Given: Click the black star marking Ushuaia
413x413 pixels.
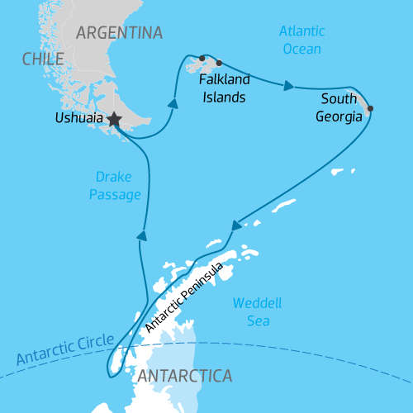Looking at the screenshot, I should pyautogui.click(x=114, y=121).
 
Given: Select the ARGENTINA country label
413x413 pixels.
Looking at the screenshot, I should pyautogui.click(x=119, y=33).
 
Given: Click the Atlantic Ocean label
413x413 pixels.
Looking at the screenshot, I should pyautogui.click(x=301, y=39).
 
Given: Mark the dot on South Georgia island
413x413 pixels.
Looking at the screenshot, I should pyautogui.click(x=369, y=108).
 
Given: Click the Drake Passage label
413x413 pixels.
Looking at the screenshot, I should pyautogui.click(x=116, y=186).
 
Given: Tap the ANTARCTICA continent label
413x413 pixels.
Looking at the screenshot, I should pyautogui.click(x=184, y=377).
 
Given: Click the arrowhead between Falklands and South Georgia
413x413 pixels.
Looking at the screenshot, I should pyautogui.click(x=288, y=85).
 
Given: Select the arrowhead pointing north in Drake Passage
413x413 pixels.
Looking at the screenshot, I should pyautogui.click(x=142, y=235).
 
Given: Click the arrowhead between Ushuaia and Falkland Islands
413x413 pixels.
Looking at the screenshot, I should pyautogui.click(x=173, y=104).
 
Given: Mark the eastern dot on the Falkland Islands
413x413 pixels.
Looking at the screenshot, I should pyautogui.click(x=219, y=63).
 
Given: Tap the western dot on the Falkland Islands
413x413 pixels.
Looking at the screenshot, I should pyautogui.click(x=201, y=58).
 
